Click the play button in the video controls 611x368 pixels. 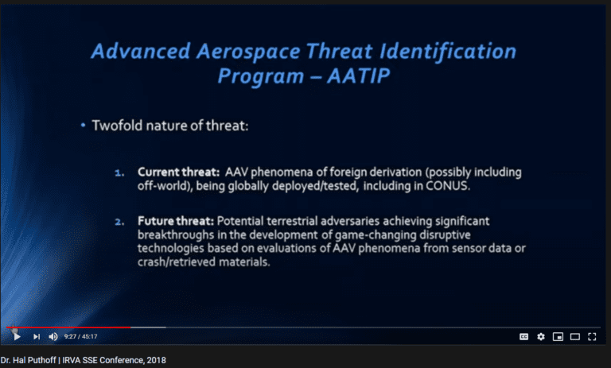[17, 336]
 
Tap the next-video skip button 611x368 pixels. [37, 336]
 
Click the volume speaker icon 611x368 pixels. [53, 336]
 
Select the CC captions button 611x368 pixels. [524, 337]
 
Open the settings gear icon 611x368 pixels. [541, 337]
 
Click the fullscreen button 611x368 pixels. [592, 337]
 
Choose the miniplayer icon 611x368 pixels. [558, 337]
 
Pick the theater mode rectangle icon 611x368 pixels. [575, 337]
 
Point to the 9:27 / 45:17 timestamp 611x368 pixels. [80, 336]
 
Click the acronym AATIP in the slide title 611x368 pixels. [359, 76]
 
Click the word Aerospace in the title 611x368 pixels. [248, 52]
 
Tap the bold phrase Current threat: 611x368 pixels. [179, 172]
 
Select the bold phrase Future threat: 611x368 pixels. [176, 221]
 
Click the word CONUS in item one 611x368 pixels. [448, 186]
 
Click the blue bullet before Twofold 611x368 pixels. [83, 126]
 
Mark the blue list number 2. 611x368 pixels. [119, 222]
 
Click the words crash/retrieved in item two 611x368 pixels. [177, 262]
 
